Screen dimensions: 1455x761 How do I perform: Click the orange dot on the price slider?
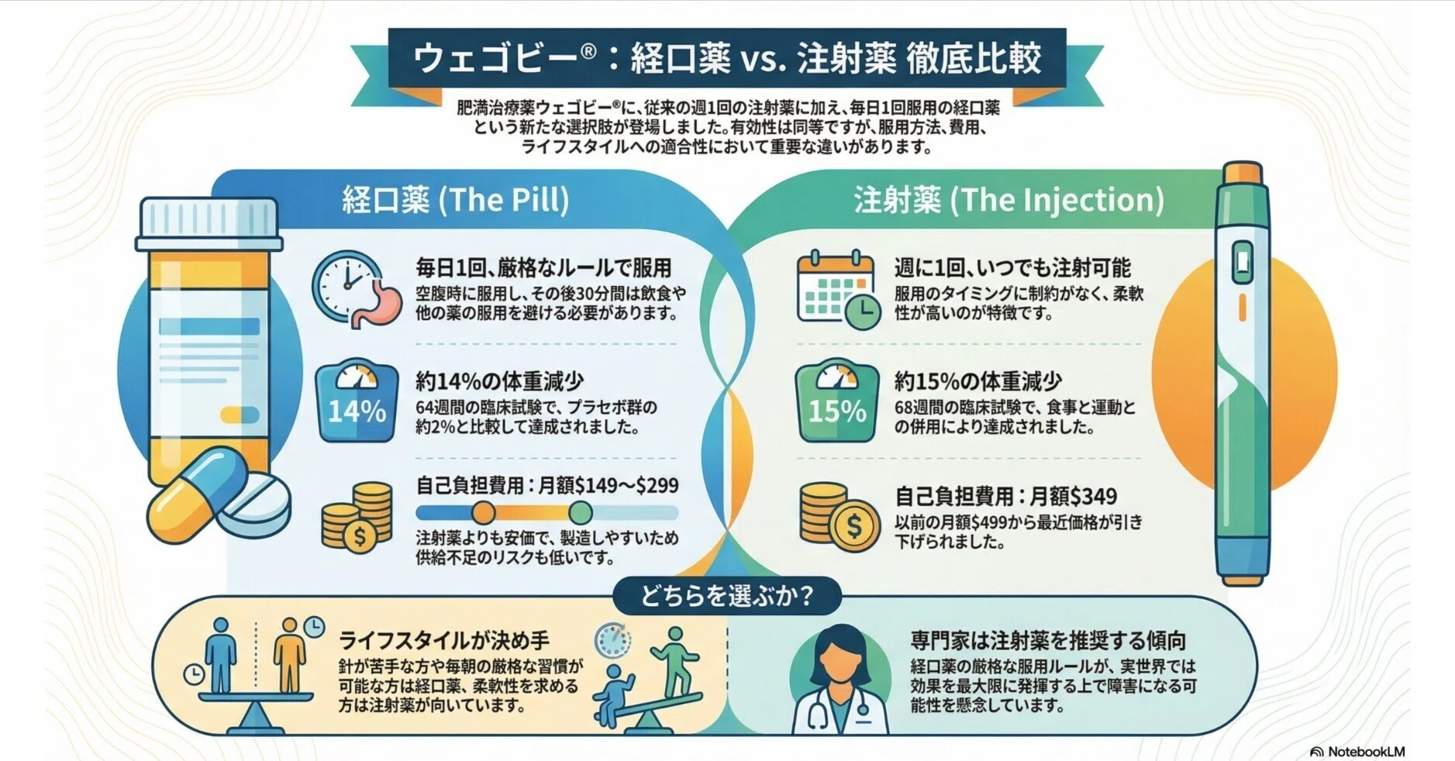(x=484, y=512)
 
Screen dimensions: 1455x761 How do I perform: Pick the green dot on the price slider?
(x=580, y=512)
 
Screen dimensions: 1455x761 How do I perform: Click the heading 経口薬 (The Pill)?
(x=456, y=200)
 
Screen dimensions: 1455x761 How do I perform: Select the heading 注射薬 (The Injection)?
(x=1009, y=200)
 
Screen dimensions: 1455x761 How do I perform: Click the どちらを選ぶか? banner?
(x=726, y=597)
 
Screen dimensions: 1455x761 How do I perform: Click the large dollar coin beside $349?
(x=853, y=526)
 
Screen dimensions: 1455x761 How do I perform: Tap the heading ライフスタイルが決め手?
(x=444, y=641)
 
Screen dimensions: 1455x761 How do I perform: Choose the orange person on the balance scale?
(x=289, y=655)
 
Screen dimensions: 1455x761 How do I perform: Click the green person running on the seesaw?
(x=671, y=661)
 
